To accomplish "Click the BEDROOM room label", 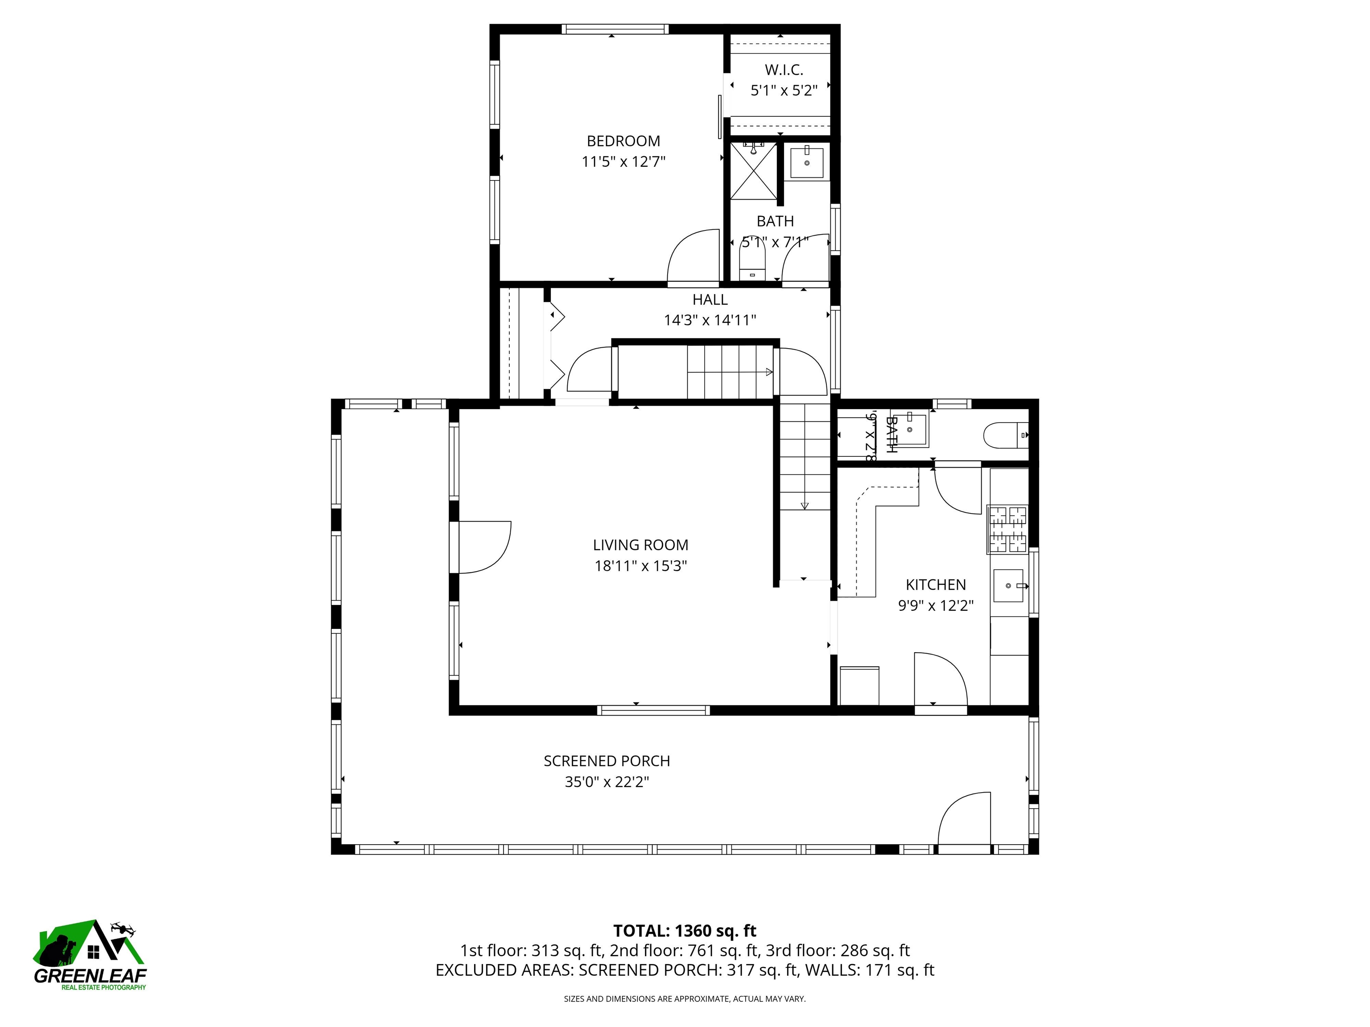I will [x=623, y=141].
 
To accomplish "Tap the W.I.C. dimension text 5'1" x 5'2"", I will [x=784, y=91].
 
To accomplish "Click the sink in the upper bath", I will [x=807, y=163].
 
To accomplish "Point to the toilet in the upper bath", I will [x=752, y=263].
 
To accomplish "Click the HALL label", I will [x=710, y=300].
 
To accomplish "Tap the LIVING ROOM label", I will [x=640, y=545].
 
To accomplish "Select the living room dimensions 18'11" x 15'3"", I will [x=640, y=566].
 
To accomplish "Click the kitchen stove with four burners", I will [x=1007, y=529].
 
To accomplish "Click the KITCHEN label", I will [x=935, y=584].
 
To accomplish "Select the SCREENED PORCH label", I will [x=607, y=761].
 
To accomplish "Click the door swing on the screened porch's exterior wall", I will [x=963, y=820].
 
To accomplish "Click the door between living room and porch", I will [x=483, y=547].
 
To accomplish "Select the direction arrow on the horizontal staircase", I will [x=768, y=372].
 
